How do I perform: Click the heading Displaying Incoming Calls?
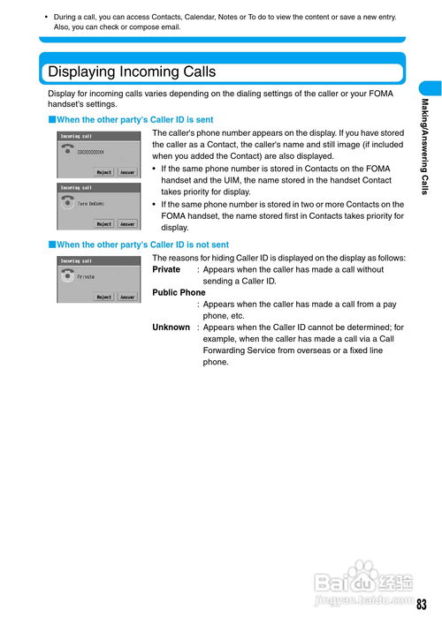(x=132, y=72)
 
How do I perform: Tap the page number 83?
(x=422, y=605)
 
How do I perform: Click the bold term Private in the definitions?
(x=166, y=269)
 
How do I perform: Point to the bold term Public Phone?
(x=179, y=292)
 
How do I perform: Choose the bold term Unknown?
(x=171, y=328)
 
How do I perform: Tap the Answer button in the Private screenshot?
(x=127, y=297)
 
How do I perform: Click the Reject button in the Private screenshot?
(x=104, y=297)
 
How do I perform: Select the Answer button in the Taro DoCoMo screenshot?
(x=127, y=224)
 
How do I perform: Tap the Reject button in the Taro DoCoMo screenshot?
(x=104, y=224)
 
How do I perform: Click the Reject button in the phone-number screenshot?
(x=104, y=172)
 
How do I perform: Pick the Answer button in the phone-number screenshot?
(x=127, y=172)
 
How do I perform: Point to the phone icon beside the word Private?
(x=67, y=275)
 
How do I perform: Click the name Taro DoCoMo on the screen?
(x=91, y=204)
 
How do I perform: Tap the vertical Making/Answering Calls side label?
(x=425, y=147)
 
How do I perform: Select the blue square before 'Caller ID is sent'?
(x=52, y=119)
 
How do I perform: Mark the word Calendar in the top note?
(x=199, y=17)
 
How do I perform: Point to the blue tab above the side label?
(x=431, y=88)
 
